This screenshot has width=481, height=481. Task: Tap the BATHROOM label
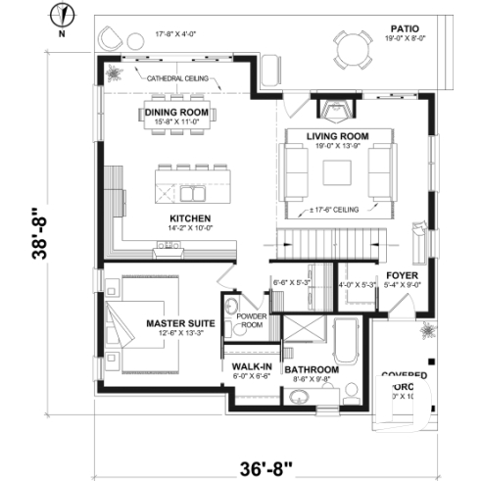(311, 370)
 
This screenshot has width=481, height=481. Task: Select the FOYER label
(403, 275)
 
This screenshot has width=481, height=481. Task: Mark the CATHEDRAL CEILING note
(177, 77)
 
